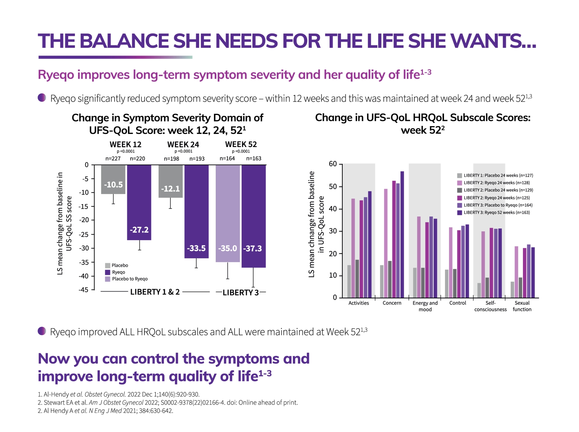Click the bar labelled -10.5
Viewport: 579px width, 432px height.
(113, 179)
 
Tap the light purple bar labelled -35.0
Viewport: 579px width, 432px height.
(228, 213)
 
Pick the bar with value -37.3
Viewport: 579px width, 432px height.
(253, 216)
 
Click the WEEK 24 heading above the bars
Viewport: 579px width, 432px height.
(183, 144)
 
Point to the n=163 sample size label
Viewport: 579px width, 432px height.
(253, 158)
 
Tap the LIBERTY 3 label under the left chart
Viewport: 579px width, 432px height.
(240, 292)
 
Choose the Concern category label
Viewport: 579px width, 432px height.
(392, 303)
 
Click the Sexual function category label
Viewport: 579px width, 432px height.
(521, 306)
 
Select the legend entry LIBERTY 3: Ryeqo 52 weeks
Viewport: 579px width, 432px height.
(496, 212)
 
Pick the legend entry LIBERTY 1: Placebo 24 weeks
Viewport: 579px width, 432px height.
(498, 175)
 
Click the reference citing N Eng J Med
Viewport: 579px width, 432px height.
(105, 411)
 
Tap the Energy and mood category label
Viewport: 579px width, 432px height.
(425, 306)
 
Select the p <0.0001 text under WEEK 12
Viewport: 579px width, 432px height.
(126, 151)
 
